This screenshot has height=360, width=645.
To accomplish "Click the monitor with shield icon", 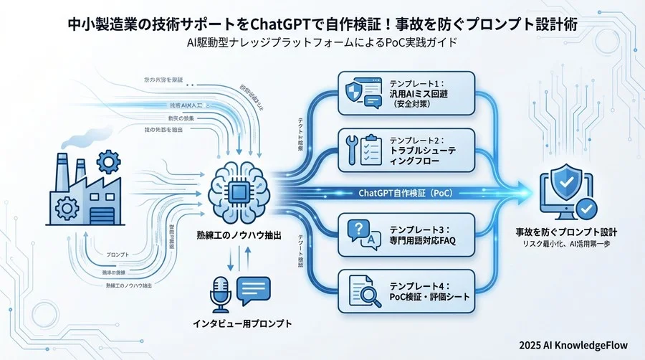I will pyautogui.click(x=567, y=191).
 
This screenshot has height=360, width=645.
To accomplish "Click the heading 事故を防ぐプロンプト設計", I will pyautogui.click(x=567, y=233).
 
